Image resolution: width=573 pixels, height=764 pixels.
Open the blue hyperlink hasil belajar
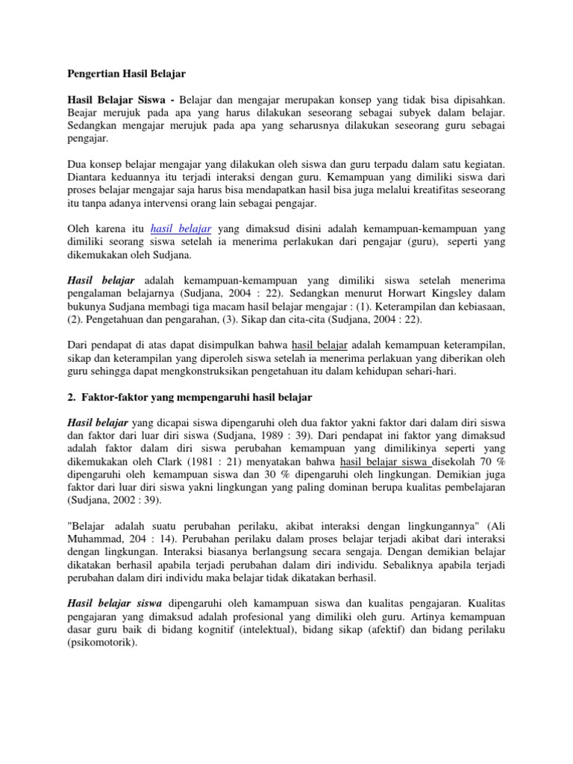point(181,229)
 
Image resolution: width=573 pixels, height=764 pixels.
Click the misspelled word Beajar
point(81,112)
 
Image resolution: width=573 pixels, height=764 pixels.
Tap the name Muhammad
point(96,539)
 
